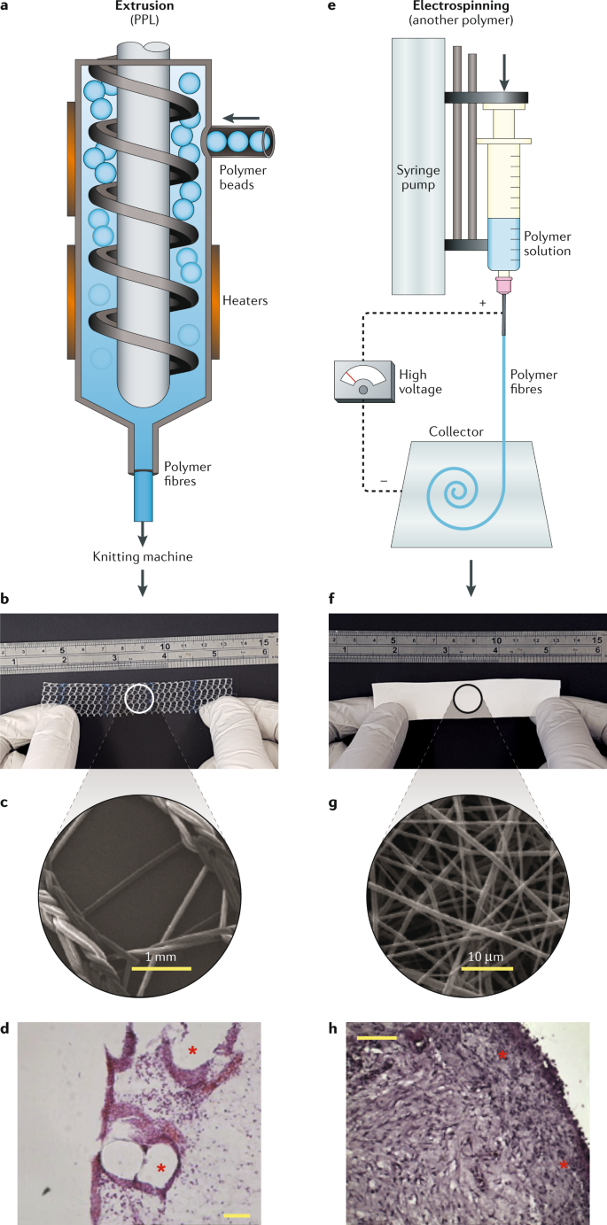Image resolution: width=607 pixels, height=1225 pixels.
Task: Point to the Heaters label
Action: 247,301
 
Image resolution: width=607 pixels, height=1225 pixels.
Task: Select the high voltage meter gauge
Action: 362,384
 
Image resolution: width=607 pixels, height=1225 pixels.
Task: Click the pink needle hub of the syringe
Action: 504,284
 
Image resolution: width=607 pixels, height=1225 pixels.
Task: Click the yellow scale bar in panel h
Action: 377,1035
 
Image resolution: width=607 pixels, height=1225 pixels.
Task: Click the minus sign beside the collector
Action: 384,481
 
